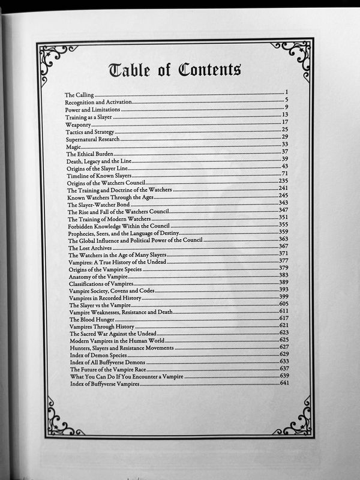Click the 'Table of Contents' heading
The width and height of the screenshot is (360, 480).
click(175, 70)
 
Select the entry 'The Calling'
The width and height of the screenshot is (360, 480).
click(79, 95)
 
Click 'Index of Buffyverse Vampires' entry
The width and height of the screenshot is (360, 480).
click(105, 383)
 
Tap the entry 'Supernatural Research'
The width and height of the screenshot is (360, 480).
click(93, 137)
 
